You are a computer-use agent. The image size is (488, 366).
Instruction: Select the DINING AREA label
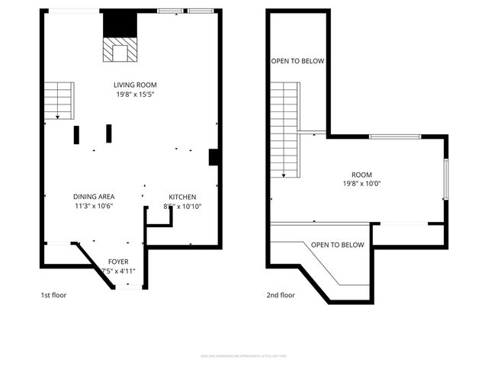[x=94, y=196]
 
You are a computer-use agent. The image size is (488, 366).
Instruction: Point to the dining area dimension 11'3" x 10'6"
[x=94, y=206]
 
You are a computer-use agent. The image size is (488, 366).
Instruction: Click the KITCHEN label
[x=182, y=196]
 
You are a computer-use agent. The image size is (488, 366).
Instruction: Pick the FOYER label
[x=118, y=262]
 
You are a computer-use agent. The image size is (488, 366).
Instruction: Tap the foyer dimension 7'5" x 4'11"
[x=118, y=271]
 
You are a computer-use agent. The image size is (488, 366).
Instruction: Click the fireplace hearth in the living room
[x=118, y=50]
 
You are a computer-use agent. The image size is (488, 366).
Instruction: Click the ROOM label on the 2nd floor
[x=361, y=173]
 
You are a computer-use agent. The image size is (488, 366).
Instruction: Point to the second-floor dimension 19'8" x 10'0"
[x=361, y=183]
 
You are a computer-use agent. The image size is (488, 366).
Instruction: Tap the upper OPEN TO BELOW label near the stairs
[x=298, y=60]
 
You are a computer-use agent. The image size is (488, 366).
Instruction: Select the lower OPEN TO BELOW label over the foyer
[x=337, y=245]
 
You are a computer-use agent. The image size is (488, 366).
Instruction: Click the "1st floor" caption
[x=53, y=295]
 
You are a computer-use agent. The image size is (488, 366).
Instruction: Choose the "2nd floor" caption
[x=280, y=295]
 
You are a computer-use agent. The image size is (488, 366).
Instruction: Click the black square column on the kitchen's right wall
[x=215, y=156]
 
